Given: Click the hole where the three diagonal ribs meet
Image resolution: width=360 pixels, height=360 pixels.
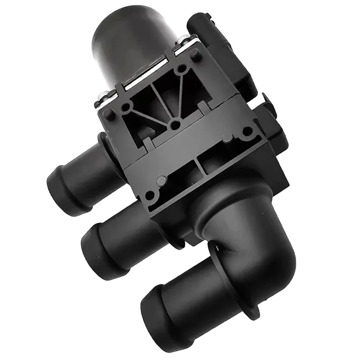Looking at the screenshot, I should click(x=176, y=124).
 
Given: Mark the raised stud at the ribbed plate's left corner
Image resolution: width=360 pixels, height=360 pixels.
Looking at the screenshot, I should click(x=109, y=114).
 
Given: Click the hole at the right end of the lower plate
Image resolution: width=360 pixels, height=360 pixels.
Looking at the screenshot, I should click(x=247, y=131).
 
